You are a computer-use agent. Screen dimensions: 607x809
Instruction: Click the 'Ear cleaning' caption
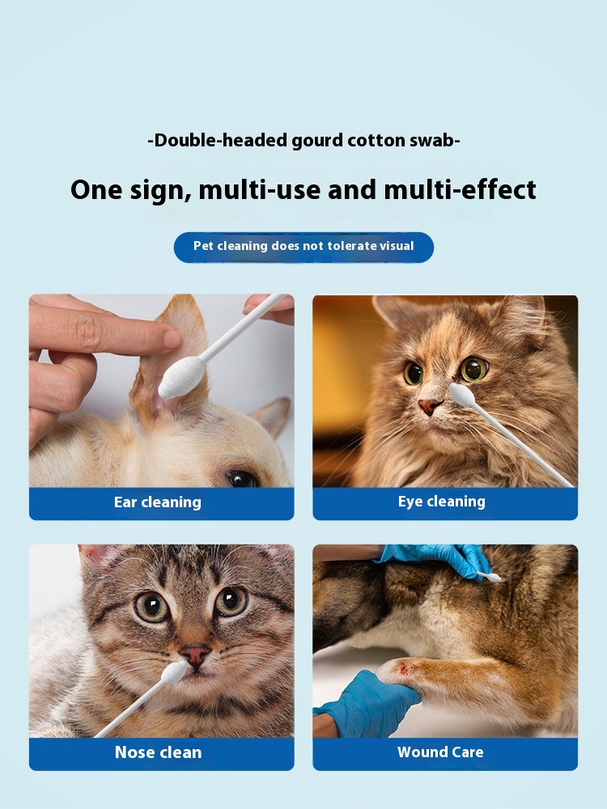[158, 502]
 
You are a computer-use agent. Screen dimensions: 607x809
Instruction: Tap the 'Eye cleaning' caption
[441, 502]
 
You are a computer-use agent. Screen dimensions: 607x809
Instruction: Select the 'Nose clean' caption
[158, 752]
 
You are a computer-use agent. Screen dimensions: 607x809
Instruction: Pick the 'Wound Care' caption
[440, 752]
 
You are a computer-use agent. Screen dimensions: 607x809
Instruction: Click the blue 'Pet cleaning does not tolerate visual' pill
[303, 247]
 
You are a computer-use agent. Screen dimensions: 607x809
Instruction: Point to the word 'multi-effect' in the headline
[460, 189]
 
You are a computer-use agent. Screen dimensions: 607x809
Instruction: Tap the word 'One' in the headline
[96, 189]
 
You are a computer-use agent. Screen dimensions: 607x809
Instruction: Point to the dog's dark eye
[240, 479]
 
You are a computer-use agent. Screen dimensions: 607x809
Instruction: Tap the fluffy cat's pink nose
[429, 407]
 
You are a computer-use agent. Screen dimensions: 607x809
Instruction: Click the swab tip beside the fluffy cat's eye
[461, 394]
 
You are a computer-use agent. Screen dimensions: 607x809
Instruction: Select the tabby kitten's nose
[195, 654]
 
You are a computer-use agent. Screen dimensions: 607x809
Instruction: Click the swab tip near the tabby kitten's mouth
[174, 673]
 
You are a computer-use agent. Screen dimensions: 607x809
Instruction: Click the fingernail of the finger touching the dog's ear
[171, 338]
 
